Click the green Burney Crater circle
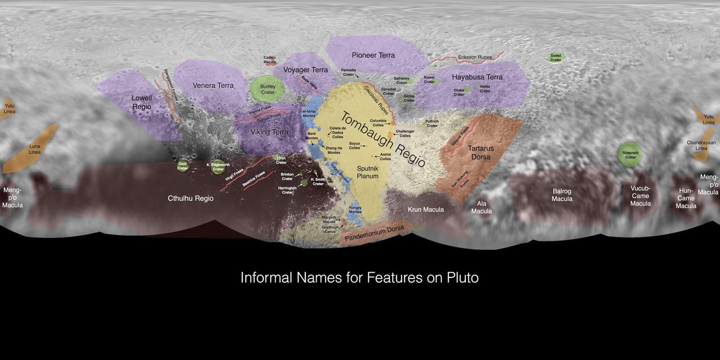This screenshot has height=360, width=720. pyautogui.click(x=268, y=88)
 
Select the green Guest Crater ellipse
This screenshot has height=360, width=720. pyautogui.click(x=556, y=57)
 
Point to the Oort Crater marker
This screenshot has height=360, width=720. pyautogui.click(x=182, y=165)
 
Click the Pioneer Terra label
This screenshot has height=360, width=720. pyautogui.click(x=373, y=55)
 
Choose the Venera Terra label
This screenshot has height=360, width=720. pyautogui.click(x=213, y=85)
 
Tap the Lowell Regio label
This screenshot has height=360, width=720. pyautogui.click(x=142, y=102)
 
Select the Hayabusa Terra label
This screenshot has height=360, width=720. pyautogui.click(x=478, y=77)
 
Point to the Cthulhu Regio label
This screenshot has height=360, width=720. pyautogui.click(x=191, y=199)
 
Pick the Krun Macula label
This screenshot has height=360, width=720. pyautogui.click(x=425, y=210)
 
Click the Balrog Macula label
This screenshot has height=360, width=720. pyautogui.click(x=561, y=195)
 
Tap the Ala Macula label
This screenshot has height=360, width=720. pyautogui.click(x=481, y=207)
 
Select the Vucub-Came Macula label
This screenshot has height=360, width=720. pyautogui.click(x=640, y=196)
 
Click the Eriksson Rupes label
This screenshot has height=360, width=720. pyautogui.click(x=475, y=57)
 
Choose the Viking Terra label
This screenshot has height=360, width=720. pyautogui.click(x=269, y=132)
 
